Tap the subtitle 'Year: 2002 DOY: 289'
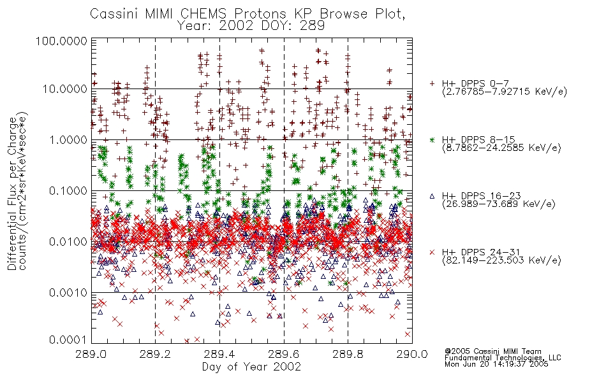tap(251, 26)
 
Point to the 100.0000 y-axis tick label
tap(62, 41)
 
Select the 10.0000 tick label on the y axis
tap(65, 89)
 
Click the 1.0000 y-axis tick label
tap(68, 140)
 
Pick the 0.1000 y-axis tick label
tap(68, 191)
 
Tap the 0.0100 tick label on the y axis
tap(68, 242)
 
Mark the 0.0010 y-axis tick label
tap(68, 293)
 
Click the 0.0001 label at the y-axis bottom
tap(68, 340)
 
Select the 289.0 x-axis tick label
tap(92, 354)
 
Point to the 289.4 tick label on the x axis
tap(219, 354)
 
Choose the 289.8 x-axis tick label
tap(348, 354)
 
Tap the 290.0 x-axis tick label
tap(412, 354)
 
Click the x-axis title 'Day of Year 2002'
tap(251, 367)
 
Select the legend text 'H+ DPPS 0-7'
tap(475, 83)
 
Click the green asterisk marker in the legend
tap(432, 139)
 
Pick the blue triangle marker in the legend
tap(432, 196)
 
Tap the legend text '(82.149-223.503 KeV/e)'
tap(501, 260)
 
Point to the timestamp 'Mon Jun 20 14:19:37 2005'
tap(496, 364)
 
